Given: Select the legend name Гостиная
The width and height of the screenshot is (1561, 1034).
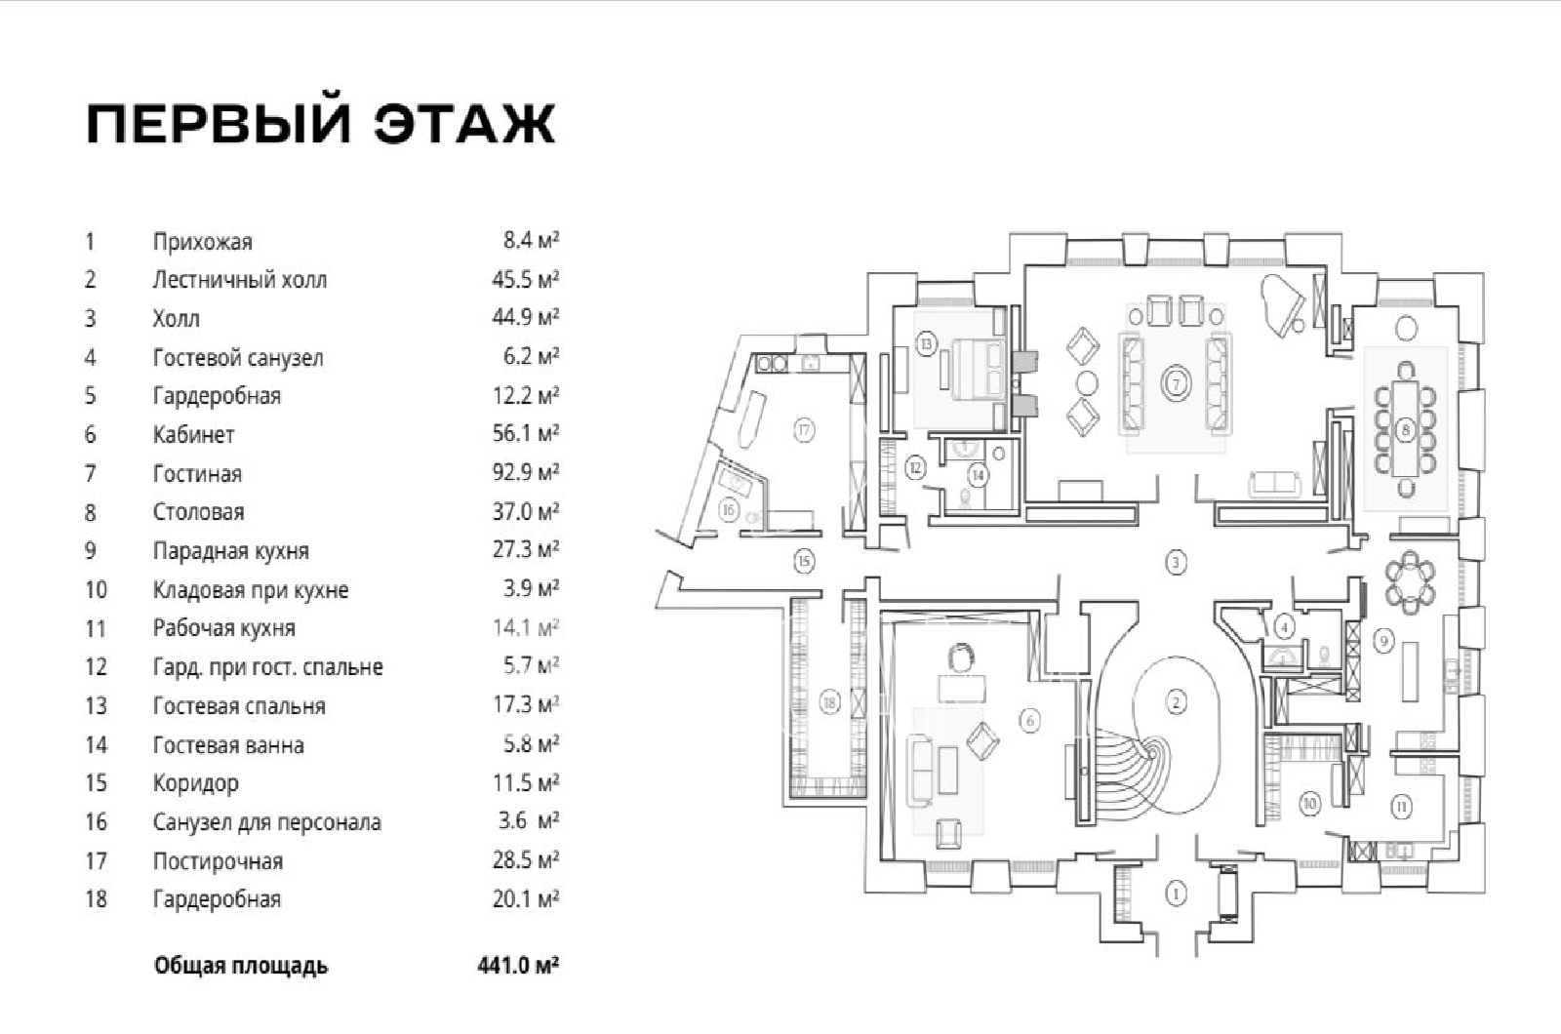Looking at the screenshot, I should [197, 474].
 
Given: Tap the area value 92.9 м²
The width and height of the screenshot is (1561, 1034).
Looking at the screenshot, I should [525, 472].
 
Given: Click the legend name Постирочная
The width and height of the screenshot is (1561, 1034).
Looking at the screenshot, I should [218, 861].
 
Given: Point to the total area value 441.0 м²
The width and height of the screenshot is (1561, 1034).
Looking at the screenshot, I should [518, 966].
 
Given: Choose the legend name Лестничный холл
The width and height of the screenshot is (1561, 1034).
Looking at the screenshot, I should [239, 280].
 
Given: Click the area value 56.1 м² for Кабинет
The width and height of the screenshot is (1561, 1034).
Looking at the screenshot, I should [525, 433].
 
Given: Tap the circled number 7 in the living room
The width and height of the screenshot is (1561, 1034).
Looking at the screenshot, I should [1177, 384].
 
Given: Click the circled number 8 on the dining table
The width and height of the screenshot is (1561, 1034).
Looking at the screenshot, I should [1405, 428].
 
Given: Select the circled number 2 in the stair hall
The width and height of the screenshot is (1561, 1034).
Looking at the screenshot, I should [1177, 701].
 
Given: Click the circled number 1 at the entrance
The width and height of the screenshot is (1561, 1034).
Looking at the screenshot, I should [1177, 893].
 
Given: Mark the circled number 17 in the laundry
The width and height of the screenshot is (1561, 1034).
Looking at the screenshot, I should [804, 429].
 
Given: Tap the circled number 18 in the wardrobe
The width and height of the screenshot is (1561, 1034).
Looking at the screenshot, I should [829, 701].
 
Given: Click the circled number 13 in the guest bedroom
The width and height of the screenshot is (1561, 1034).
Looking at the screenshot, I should [926, 343].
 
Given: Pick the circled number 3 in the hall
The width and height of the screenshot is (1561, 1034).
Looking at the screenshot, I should [1177, 562].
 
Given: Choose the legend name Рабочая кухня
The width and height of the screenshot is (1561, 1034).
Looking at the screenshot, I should [223, 628].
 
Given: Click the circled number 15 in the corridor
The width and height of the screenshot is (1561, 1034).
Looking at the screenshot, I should [804, 561].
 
